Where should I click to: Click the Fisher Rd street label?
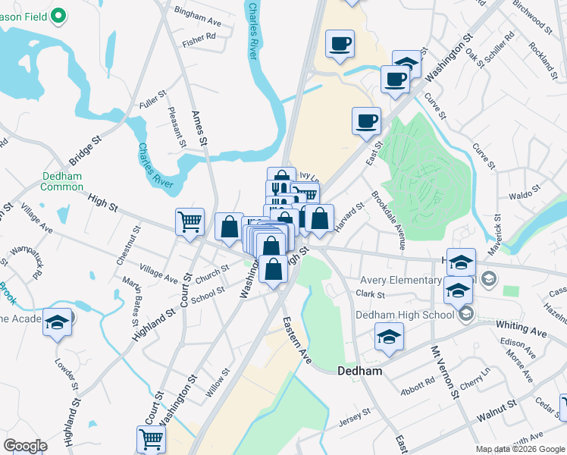pos(199,36)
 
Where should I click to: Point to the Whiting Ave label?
pos(521,328)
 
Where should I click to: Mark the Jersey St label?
pos(354,415)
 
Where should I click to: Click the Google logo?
pos(26,445)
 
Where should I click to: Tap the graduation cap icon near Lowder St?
pos(57,322)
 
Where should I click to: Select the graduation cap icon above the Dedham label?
pos(389,337)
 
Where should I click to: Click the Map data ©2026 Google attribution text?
pos(520,449)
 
